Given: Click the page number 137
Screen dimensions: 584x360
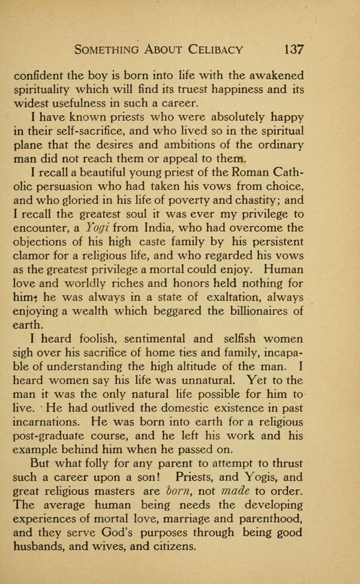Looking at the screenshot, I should tap(289, 49).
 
